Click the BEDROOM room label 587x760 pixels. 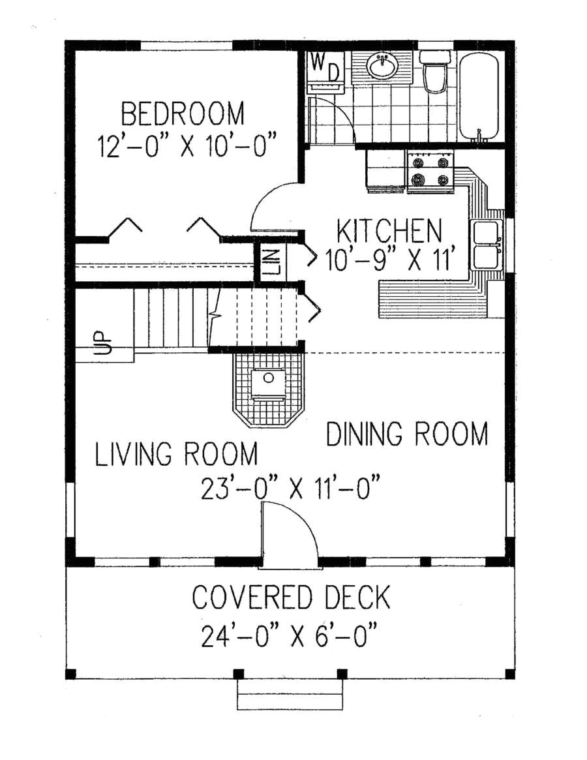pyautogui.click(x=183, y=114)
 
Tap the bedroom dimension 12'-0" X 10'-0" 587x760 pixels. pyautogui.click(x=188, y=144)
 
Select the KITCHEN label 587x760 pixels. pyautogui.click(x=389, y=231)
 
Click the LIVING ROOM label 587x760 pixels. pyautogui.click(x=176, y=454)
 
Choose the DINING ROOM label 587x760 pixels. pyautogui.click(x=407, y=434)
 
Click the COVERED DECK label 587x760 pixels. pyautogui.click(x=292, y=597)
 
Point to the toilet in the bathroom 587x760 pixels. pyautogui.click(x=434, y=72)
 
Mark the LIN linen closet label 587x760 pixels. pyautogui.click(x=273, y=262)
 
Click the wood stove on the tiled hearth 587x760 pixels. pyautogui.click(x=269, y=384)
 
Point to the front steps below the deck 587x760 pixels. pyautogui.click(x=290, y=697)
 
